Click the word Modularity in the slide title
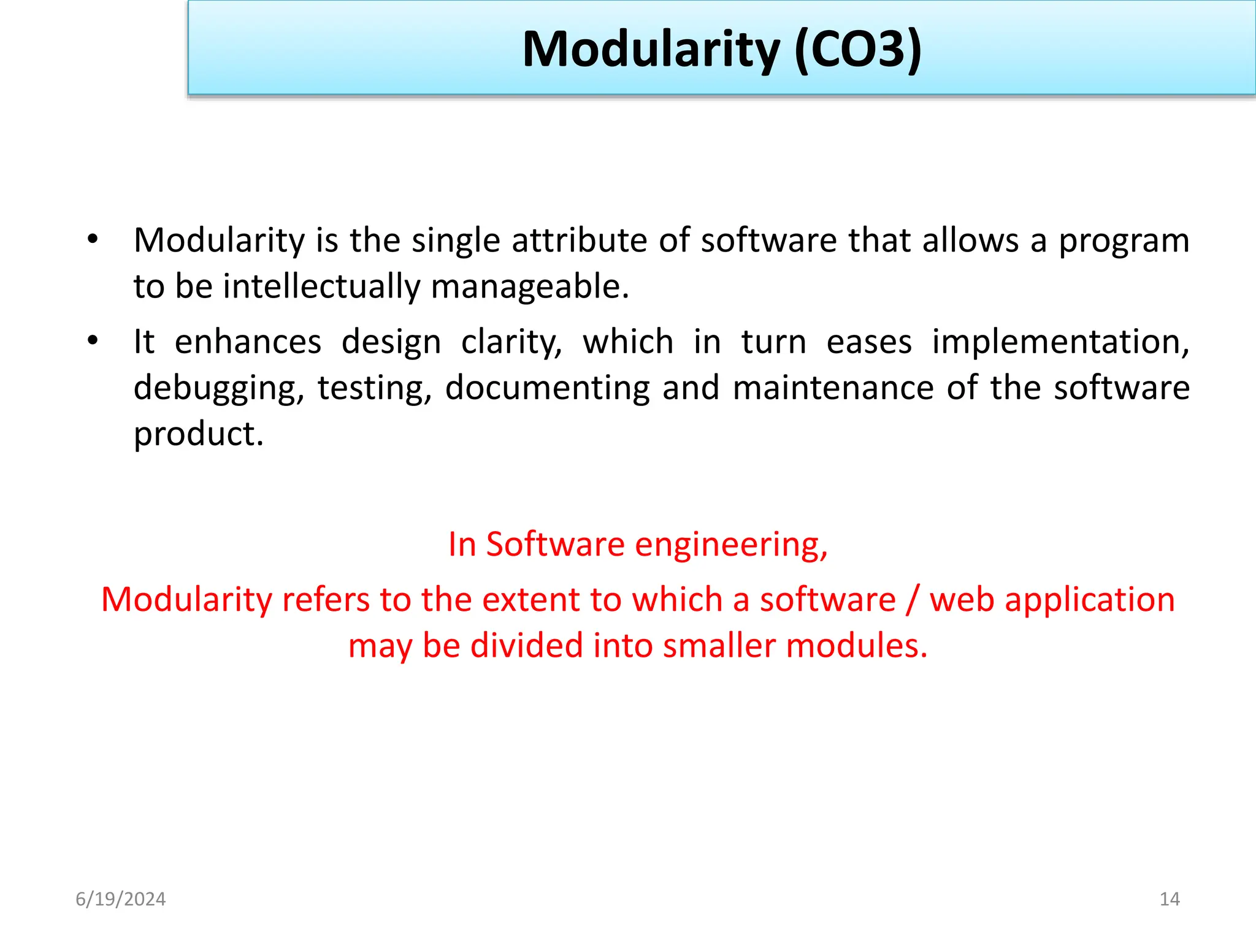(651, 50)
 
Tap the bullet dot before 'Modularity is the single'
(92, 239)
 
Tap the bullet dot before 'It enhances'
(92, 341)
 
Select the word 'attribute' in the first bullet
(580, 240)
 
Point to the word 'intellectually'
(321, 287)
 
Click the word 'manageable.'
(530, 287)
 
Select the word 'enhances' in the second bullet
(248, 342)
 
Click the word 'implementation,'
(1060, 342)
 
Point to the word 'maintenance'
(833, 388)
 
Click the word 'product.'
(199, 434)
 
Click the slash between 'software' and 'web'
(913, 600)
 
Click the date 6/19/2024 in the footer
(121, 899)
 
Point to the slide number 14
(1170, 899)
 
